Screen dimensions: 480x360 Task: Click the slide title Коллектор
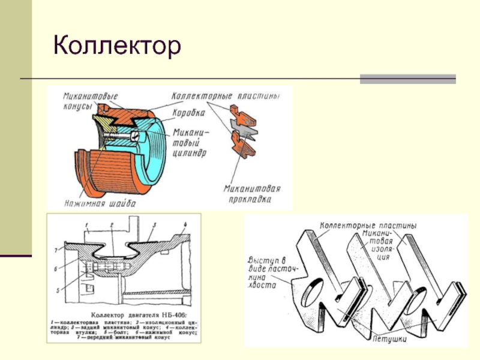coord(117,46)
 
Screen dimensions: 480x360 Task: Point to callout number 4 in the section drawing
coord(185,224)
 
